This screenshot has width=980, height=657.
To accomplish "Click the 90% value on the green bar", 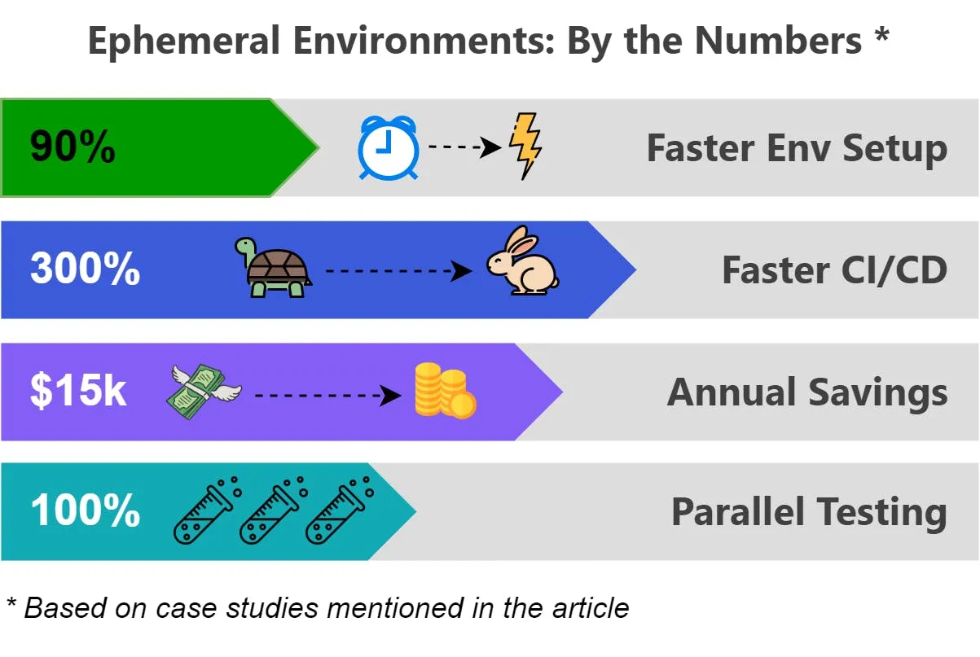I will click(x=73, y=148).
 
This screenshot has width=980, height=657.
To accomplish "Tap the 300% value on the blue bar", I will click(x=85, y=269).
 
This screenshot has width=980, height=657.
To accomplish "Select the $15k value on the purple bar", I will click(x=78, y=392).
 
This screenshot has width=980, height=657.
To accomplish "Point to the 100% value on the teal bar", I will click(x=85, y=511).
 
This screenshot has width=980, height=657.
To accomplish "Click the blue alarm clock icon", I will click(x=389, y=147).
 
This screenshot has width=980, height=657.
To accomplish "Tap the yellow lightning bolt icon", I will click(x=525, y=145).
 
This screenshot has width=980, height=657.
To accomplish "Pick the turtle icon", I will click(x=272, y=267).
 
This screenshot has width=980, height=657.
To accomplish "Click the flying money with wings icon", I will click(x=204, y=392).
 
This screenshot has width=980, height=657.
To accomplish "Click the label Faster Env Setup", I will click(x=797, y=148).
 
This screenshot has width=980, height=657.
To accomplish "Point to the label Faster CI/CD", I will click(x=834, y=269).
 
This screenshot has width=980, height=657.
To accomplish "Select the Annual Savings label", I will click(x=807, y=392).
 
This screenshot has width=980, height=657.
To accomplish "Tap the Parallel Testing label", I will click(x=809, y=511).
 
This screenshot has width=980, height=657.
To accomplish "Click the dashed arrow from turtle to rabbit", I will click(x=398, y=270).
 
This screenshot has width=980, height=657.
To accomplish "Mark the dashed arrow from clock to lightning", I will click(x=464, y=147).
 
